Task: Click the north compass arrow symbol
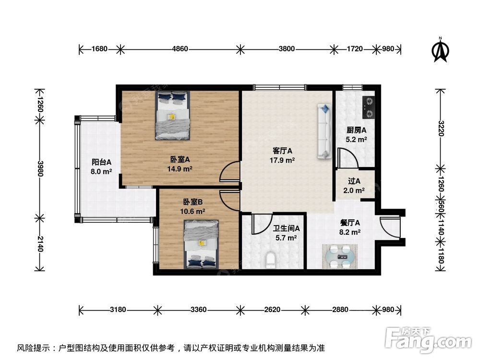click(x=441, y=50)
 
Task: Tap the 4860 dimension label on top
click(x=180, y=48)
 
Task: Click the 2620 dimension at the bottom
click(x=272, y=310)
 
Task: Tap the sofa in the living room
click(x=324, y=132)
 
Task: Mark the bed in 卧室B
click(x=201, y=244)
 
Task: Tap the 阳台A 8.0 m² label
click(x=102, y=166)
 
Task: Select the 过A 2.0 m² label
click(x=354, y=185)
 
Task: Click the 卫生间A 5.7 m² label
click(x=287, y=233)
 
